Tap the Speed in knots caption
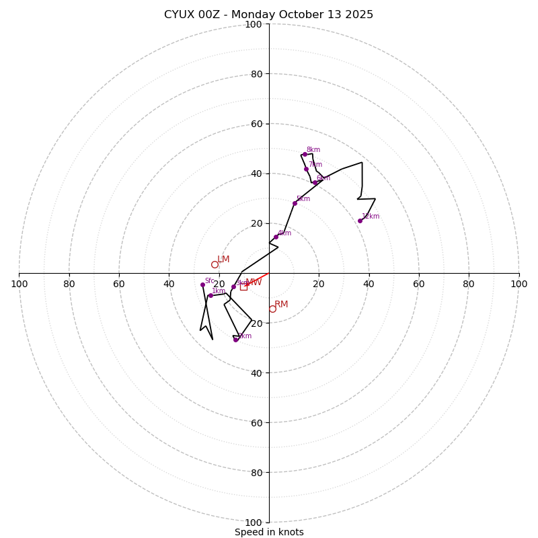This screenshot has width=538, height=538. [269, 532]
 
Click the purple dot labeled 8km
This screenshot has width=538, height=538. [305, 154]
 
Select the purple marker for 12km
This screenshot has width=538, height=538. [360, 221]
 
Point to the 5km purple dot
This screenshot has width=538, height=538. [295, 203]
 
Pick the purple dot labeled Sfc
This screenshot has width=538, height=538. [202, 284]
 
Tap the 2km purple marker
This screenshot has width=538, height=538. [235, 340]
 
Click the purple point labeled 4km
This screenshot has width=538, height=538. [276, 237]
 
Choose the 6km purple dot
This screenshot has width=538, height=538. [315, 182]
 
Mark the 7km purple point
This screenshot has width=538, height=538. [306, 169]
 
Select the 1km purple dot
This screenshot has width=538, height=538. [210, 295]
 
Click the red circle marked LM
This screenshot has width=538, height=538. [215, 264]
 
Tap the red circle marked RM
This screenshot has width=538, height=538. [272, 309]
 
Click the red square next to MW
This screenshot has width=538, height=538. [243, 286]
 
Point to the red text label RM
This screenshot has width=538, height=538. [281, 305]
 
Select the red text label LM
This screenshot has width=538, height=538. [223, 260]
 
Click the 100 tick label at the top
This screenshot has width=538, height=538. [254, 25]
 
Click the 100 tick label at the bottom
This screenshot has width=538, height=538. [254, 523]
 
